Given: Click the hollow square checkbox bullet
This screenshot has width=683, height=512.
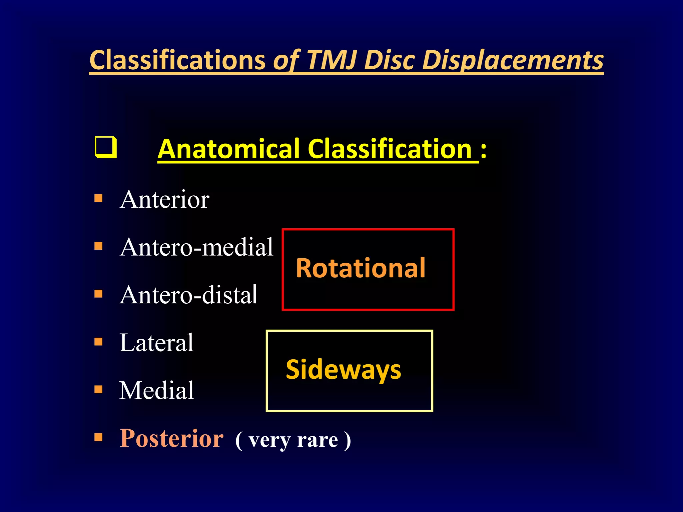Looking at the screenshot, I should click(x=106, y=147).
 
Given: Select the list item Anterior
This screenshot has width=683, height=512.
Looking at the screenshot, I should click(x=164, y=199).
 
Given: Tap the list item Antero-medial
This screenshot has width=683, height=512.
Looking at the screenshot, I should click(x=196, y=247).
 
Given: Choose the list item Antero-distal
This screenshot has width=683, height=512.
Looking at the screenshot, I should click(x=188, y=295).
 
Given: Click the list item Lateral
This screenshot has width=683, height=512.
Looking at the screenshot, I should click(x=156, y=342).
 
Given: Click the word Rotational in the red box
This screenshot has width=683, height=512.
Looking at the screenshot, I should click(x=361, y=268).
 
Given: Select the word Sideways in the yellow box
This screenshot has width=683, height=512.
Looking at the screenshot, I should click(x=344, y=369).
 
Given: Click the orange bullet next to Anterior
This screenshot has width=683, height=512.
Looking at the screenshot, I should click(x=98, y=198).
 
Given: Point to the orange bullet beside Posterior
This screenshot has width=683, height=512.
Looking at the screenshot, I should click(x=98, y=437).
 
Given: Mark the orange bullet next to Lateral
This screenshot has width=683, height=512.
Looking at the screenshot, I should click(x=98, y=342).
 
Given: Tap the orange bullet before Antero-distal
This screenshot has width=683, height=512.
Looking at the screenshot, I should click(x=98, y=294).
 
